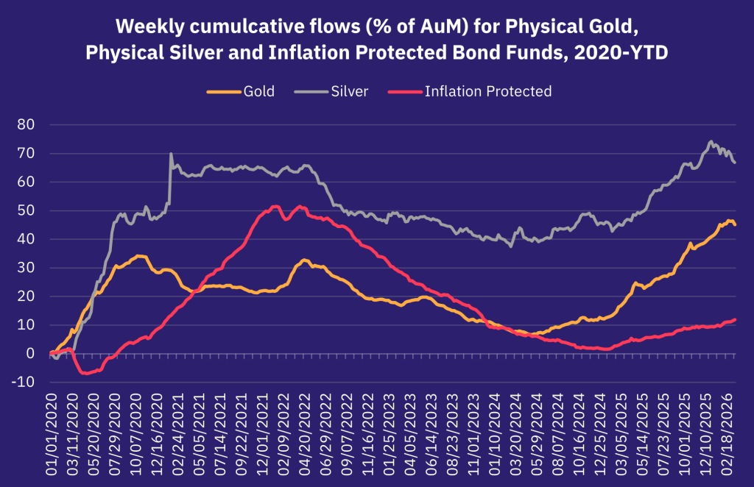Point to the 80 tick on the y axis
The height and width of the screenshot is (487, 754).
26,125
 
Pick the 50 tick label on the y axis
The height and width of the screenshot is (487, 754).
26,211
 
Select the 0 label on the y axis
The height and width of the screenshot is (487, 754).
30,354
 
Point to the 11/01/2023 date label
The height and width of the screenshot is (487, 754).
474,424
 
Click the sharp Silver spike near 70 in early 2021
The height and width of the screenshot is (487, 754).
171,154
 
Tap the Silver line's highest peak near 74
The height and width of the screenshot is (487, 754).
711,141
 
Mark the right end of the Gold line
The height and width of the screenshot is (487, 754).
735,224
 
